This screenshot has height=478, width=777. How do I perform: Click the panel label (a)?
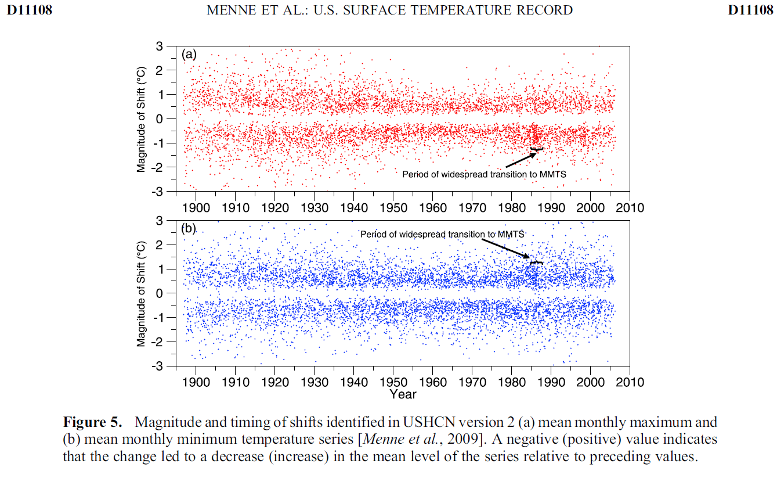pos(189,55)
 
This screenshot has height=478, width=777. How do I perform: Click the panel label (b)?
pos(189,228)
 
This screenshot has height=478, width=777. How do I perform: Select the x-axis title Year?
pos(403,394)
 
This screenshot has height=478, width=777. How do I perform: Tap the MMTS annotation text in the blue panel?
pos(442,234)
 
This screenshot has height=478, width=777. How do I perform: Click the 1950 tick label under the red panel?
pos(393,208)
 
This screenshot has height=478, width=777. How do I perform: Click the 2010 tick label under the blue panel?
pos(630,382)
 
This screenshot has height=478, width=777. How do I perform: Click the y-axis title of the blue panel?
pos(142,293)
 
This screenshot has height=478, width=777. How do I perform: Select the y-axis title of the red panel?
pos(142,118)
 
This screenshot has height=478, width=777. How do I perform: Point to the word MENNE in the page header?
pos(232,10)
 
